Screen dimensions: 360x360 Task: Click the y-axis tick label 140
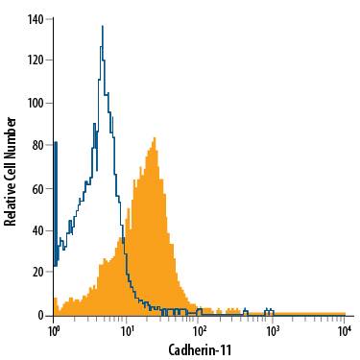tap(36, 18)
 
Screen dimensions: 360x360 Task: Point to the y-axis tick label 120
tap(36, 60)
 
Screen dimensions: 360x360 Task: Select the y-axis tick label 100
tap(36, 103)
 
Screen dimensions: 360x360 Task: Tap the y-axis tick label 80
tap(38, 145)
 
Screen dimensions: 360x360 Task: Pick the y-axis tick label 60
tap(38, 187)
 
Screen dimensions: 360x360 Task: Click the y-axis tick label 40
tap(38, 230)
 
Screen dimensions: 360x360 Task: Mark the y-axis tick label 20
tap(38, 273)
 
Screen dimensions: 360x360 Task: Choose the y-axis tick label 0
tap(41, 315)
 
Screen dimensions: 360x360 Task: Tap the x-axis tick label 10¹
tap(126, 330)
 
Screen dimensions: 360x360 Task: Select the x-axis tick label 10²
tap(199, 330)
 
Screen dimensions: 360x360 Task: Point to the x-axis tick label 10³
tap(272, 330)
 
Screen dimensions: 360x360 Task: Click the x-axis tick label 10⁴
tap(345, 330)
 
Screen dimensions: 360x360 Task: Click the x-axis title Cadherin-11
tap(199, 349)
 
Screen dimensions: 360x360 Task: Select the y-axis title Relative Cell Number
tap(11, 170)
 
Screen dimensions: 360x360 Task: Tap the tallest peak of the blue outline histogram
tap(102, 27)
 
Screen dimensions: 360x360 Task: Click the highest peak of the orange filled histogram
tap(154, 139)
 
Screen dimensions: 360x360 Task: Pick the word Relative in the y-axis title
tap(11, 204)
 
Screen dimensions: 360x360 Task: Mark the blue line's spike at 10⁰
tap(55, 143)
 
